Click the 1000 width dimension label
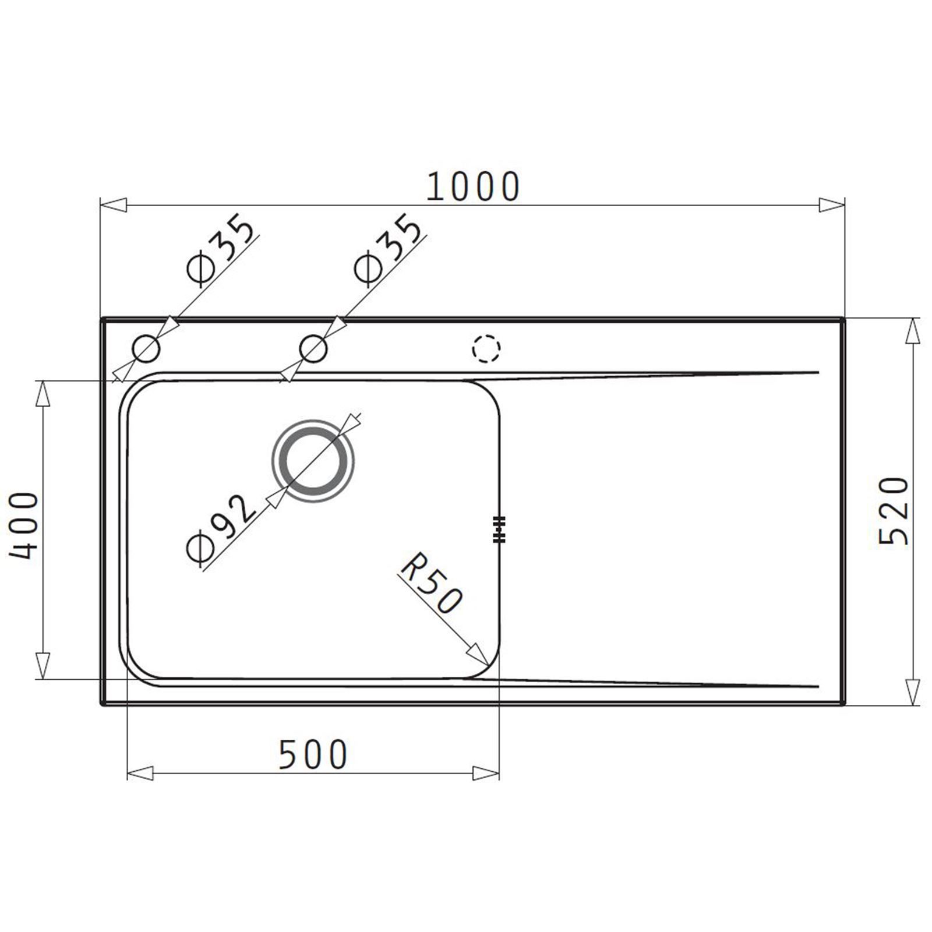[472, 186]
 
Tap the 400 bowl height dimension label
[24, 525]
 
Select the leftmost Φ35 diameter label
[222, 252]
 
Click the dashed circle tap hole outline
[486, 349]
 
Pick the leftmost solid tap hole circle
[146, 349]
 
